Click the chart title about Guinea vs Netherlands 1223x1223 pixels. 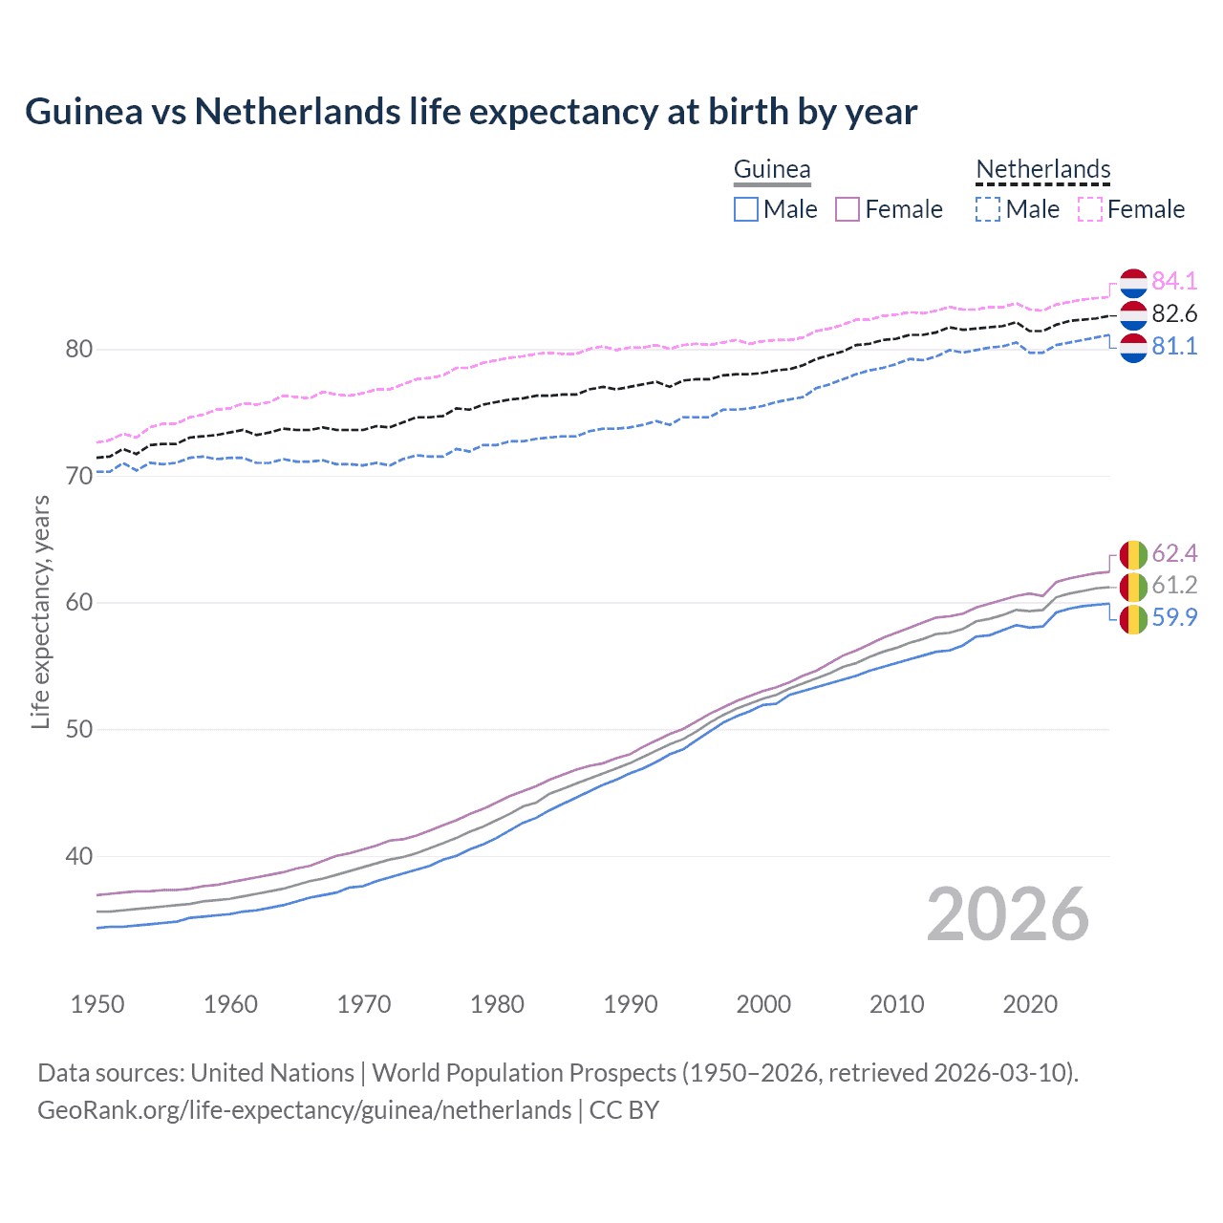[471, 112]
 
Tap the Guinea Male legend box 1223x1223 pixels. [746, 209]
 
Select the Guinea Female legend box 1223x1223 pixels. [848, 209]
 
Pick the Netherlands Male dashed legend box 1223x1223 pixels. [988, 209]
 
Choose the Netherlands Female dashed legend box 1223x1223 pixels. [1090, 209]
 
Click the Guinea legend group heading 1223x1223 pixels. [772, 170]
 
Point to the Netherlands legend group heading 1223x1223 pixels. [1043, 170]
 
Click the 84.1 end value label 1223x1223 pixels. [1174, 281]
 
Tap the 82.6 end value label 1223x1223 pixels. [1174, 313]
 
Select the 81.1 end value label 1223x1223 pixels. [1174, 346]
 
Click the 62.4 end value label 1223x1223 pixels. [1174, 554]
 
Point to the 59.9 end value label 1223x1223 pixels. [1174, 617]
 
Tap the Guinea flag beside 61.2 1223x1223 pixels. [1133, 587]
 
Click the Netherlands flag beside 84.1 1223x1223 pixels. [1133, 284]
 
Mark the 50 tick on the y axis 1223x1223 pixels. [79, 729]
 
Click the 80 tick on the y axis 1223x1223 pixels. [79, 349]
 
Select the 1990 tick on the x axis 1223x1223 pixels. [631, 1004]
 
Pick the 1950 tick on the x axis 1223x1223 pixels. [97, 1004]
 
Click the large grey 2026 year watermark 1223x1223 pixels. [1008, 914]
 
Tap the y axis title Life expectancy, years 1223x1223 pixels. [40, 611]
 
